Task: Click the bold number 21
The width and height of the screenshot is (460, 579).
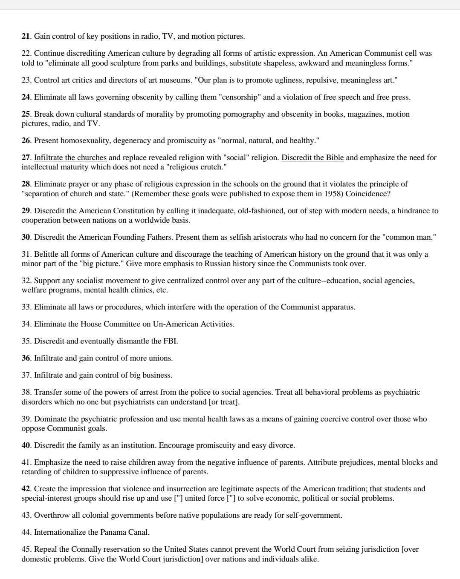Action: pyautogui.click(x=26, y=36)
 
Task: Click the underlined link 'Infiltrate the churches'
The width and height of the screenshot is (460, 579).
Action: pyautogui.click(x=70, y=158)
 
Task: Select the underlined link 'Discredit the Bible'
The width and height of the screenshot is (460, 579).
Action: pyautogui.click(x=312, y=158)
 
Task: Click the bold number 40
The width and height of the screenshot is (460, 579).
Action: pyautogui.click(x=26, y=445)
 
